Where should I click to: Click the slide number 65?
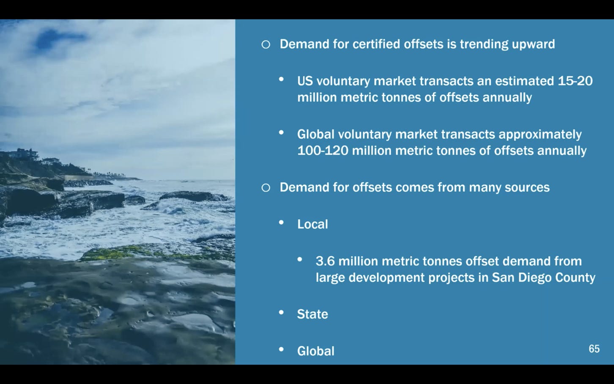[594, 348]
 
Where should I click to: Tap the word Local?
[312, 224]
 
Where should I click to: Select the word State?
[312, 314]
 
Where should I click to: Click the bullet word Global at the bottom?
[316, 351]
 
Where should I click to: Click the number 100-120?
[323, 151]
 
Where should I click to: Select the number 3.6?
[325, 261]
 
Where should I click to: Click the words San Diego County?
[543, 278]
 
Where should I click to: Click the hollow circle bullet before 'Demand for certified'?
[266, 44]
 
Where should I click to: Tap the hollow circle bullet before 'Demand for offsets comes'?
[266, 188]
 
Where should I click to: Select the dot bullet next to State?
[281, 312]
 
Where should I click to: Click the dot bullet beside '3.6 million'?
[299, 259]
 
